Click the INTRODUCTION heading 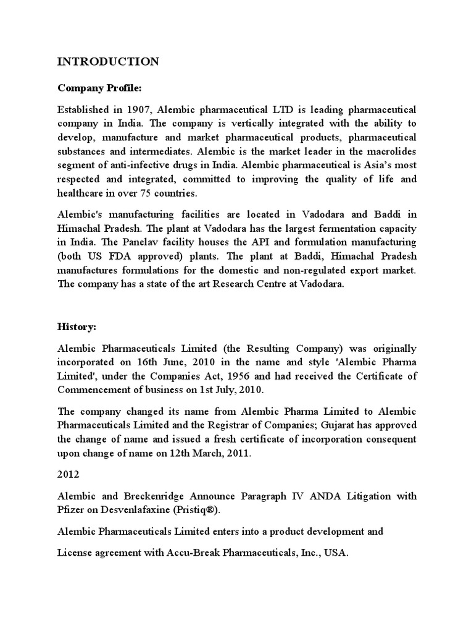[x=108, y=61]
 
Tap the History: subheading [x=77, y=326]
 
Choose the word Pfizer [x=72, y=509]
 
